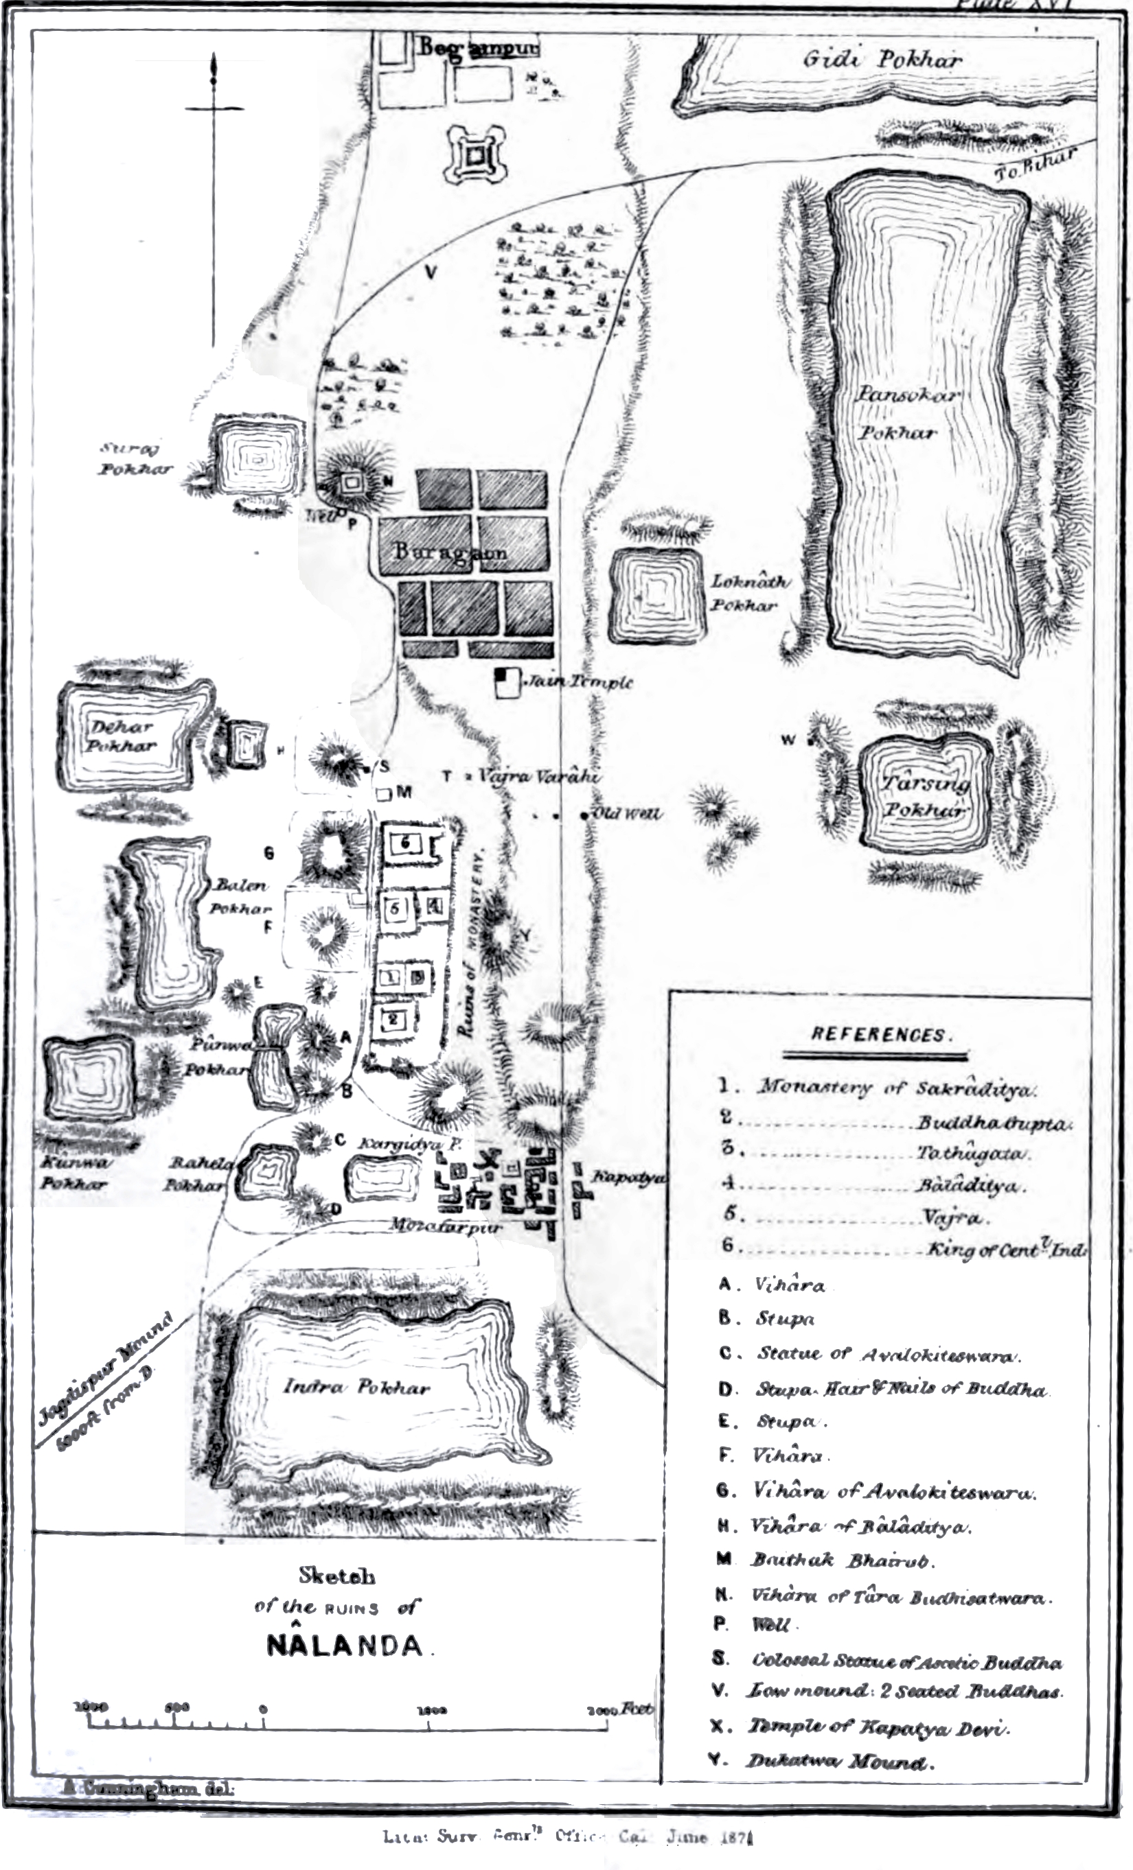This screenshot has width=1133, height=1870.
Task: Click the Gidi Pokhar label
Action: pyautogui.click(x=882, y=59)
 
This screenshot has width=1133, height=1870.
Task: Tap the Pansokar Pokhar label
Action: pyautogui.click(x=908, y=413)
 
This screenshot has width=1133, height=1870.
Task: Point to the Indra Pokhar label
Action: pyautogui.click(x=356, y=1388)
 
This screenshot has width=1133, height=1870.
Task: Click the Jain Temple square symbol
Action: pyautogui.click(x=507, y=681)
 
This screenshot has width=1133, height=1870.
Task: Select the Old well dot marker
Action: pyautogui.click(x=584, y=816)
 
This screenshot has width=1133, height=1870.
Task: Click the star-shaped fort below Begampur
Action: pyautogui.click(x=476, y=157)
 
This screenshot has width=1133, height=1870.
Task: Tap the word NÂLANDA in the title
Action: pyautogui.click(x=345, y=1646)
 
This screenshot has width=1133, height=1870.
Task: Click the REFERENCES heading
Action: pyautogui.click(x=878, y=1035)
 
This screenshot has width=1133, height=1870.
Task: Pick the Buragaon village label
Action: pyautogui.click(x=450, y=552)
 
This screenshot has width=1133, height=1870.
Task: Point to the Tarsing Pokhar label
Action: pyautogui.click(x=925, y=795)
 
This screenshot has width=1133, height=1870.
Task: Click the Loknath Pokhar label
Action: pyautogui.click(x=748, y=594)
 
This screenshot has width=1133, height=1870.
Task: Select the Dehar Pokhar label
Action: pyautogui.click(x=121, y=736)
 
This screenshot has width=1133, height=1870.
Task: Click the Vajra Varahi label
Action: pyautogui.click(x=538, y=776)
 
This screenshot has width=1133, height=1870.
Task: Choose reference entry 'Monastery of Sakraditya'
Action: pyautogui.click(x=896, y=1088)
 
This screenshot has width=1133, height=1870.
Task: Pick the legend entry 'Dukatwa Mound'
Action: pyautogui.click(x=839, y=1761)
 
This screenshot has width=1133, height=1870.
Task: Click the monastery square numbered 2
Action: pyautogui.click(x=393, y=1019)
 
